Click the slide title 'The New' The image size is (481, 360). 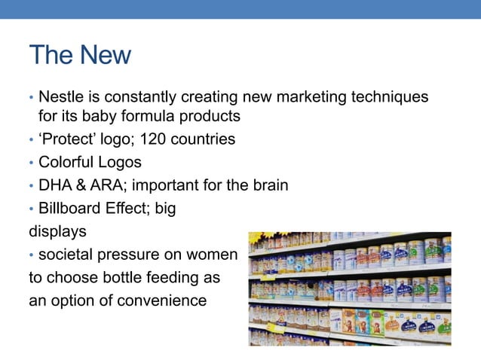pyautogui.click(x=79, y=55)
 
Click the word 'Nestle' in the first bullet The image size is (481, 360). pyautogui.click(x=61, y=97)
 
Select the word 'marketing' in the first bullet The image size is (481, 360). pyautogui.click(x=318, y=97)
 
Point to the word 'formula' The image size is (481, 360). pyautogui.click(x=124, y=117)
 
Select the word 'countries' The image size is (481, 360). pyautogui.click(x=204, y=139)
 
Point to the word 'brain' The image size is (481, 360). pyautogui.click(x=268, y=185)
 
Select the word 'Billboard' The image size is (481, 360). pyautogui.click(x=70, y=209)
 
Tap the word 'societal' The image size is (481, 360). pyautogui.click(x=67, y=255)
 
